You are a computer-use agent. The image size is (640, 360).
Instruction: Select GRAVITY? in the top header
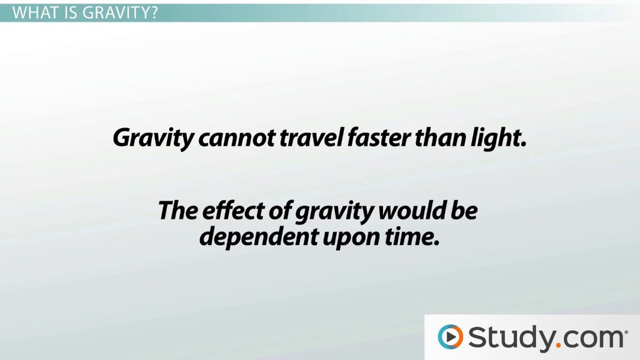(x=120, y=13)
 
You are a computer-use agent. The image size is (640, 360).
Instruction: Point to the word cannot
(x=237, y=138)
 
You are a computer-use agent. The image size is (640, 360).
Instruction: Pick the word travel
(x=311, y=137)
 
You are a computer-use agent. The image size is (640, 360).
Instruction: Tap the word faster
(x=379, y=137)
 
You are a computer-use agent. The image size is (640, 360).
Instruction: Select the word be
(x=464, y=210)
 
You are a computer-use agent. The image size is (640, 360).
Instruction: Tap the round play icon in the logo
(x=450, y=337)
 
